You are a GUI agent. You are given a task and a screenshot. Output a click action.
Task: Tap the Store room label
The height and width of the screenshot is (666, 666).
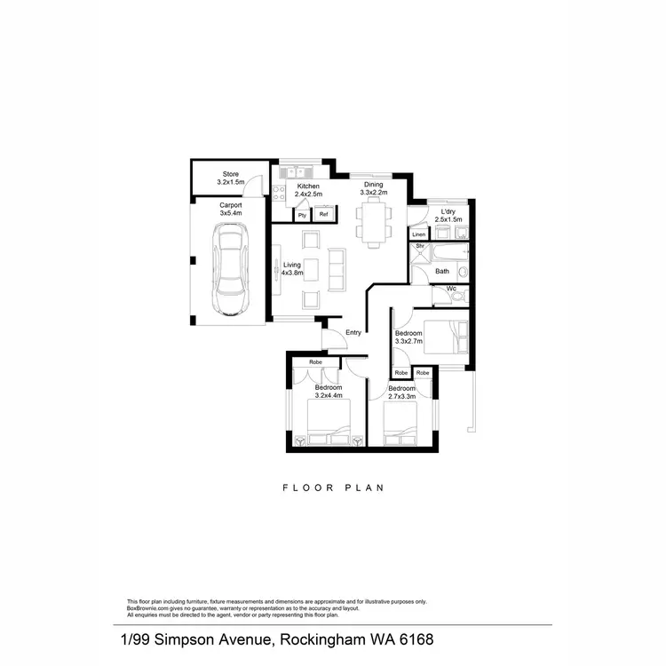(x=231, y=178)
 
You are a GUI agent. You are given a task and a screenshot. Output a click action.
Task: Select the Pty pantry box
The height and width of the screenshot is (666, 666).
(x=302, y=214)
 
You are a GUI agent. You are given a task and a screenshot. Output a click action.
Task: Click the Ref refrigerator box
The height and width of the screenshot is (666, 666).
(x=324, y=214)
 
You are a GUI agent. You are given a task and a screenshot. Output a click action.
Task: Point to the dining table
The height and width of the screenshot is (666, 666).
(x=375, y=221)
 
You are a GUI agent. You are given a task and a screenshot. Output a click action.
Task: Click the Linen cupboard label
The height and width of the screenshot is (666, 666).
(x=418, y=234)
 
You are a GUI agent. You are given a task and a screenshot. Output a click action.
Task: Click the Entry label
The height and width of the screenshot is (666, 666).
(x=353, y=332)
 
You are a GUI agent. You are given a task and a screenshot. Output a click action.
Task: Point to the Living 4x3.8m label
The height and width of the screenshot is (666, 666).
(x=293, y=269)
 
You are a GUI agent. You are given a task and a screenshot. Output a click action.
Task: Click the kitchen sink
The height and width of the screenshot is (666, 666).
(x=296, y=171)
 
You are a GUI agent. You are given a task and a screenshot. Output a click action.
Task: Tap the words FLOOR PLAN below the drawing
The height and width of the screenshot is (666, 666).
(x=334, y=488)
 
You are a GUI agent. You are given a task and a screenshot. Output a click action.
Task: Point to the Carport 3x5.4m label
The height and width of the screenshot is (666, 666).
(x=231, y=210)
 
